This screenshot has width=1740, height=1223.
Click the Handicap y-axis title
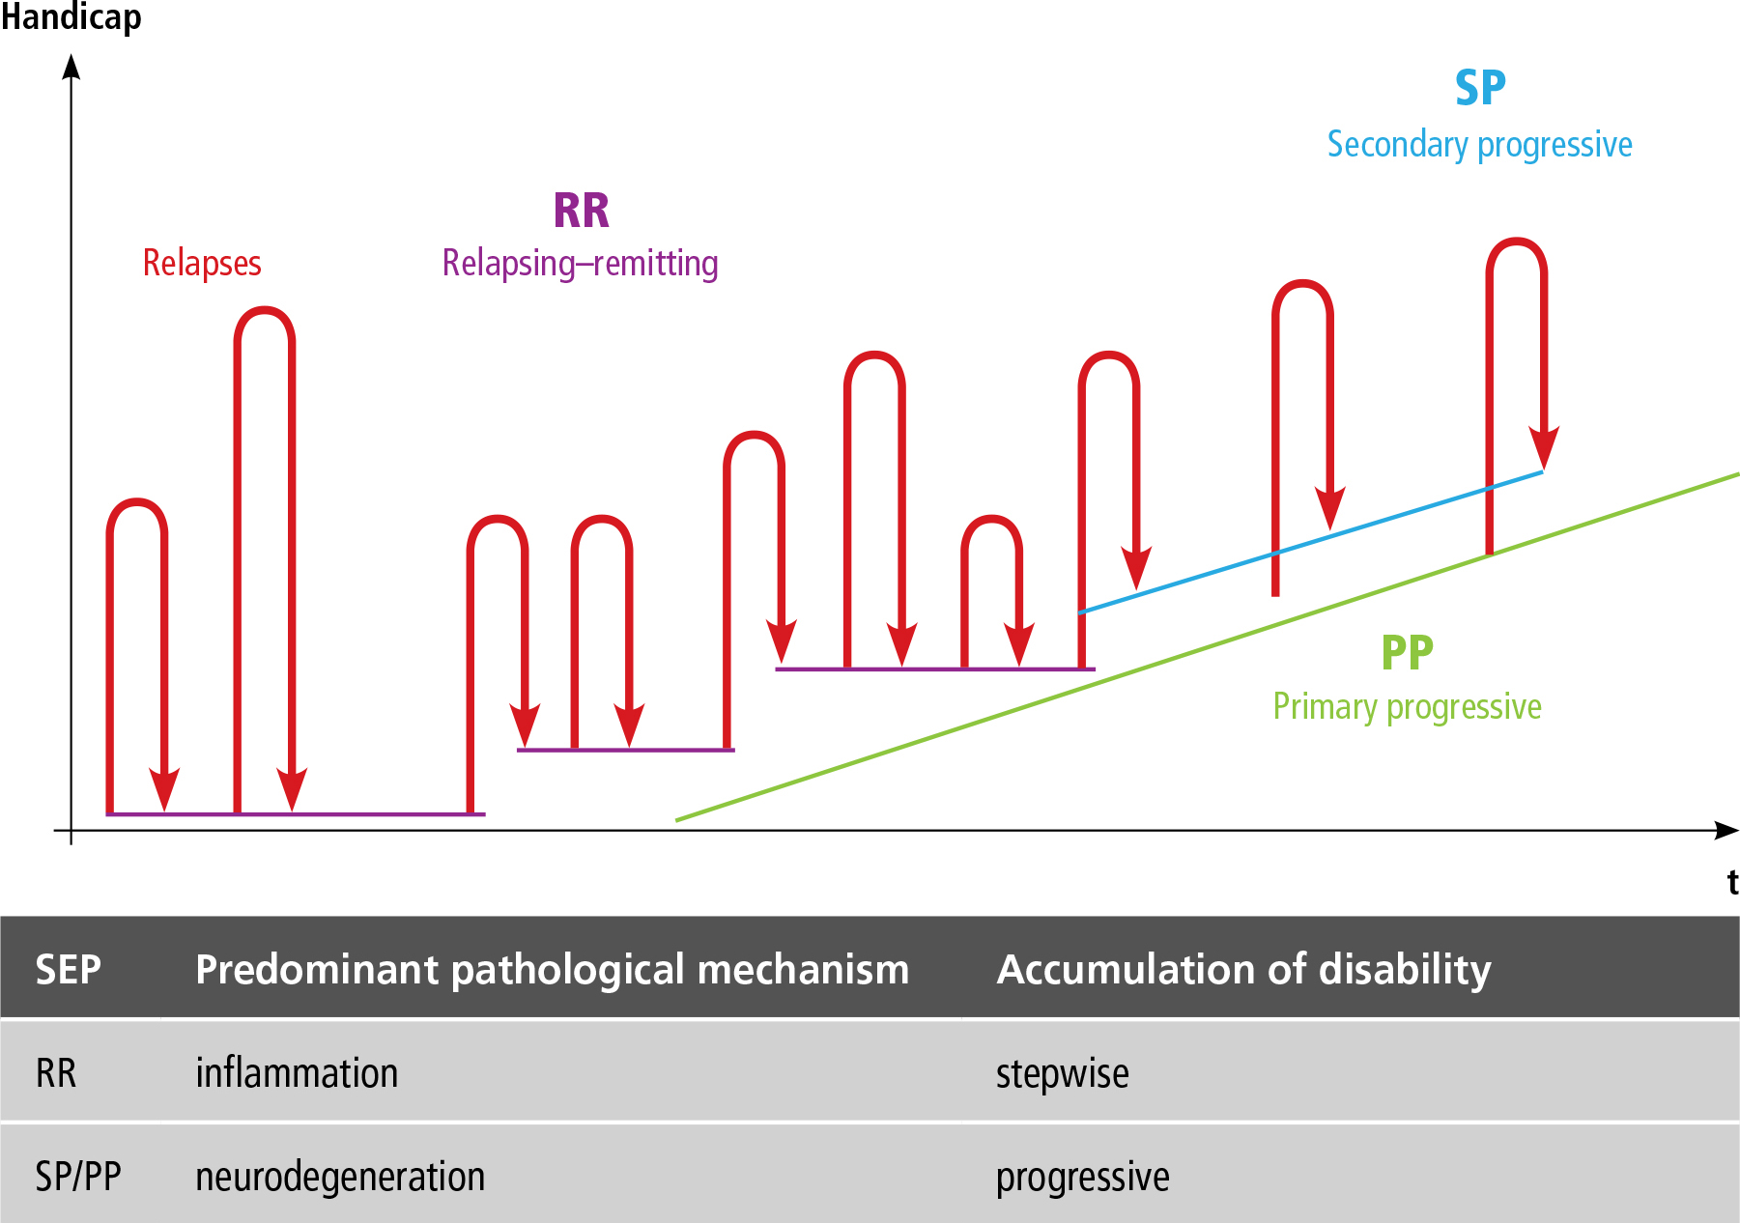(71, 17)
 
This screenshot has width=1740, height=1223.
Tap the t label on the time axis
(1732, 882)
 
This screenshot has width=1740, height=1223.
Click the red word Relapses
(202, 263)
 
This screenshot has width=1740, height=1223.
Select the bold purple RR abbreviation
(582, 211)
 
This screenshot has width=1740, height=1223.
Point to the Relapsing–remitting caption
(580, 263)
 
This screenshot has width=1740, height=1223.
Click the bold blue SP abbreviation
(1480, 89)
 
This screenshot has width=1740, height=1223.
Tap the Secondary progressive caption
(1479, 145)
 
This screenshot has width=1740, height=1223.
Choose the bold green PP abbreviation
(1407, 653)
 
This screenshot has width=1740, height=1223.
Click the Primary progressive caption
(1407, 707)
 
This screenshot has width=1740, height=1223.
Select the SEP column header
(69, 969)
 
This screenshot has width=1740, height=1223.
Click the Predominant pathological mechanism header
(552, 969)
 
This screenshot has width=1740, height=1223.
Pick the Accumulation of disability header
(1243, 969)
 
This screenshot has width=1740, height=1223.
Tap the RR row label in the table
(56, 1073)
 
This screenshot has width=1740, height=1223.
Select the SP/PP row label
(78, 1177)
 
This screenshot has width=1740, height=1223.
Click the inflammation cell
(297, 1073)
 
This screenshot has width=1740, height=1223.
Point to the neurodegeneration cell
(340, 1177)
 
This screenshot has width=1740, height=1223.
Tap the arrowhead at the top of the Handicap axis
(71, 66)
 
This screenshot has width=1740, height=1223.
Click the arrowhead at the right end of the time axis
(1726, 830)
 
